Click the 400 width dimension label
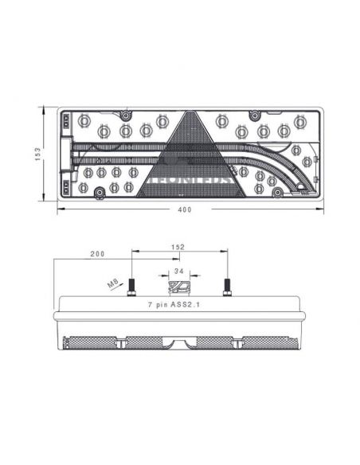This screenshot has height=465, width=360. click(185, 209)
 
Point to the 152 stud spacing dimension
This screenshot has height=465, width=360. click(178, 248)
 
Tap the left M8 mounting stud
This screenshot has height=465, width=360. click(131, 287)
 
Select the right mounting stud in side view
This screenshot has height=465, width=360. click(228, 287)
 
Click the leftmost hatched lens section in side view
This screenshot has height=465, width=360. click(89, 342)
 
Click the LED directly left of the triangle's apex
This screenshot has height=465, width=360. click(162, 122)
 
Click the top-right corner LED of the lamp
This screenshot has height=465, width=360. click(299, 122)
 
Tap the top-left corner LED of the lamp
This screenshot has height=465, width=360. click(84, 121)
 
